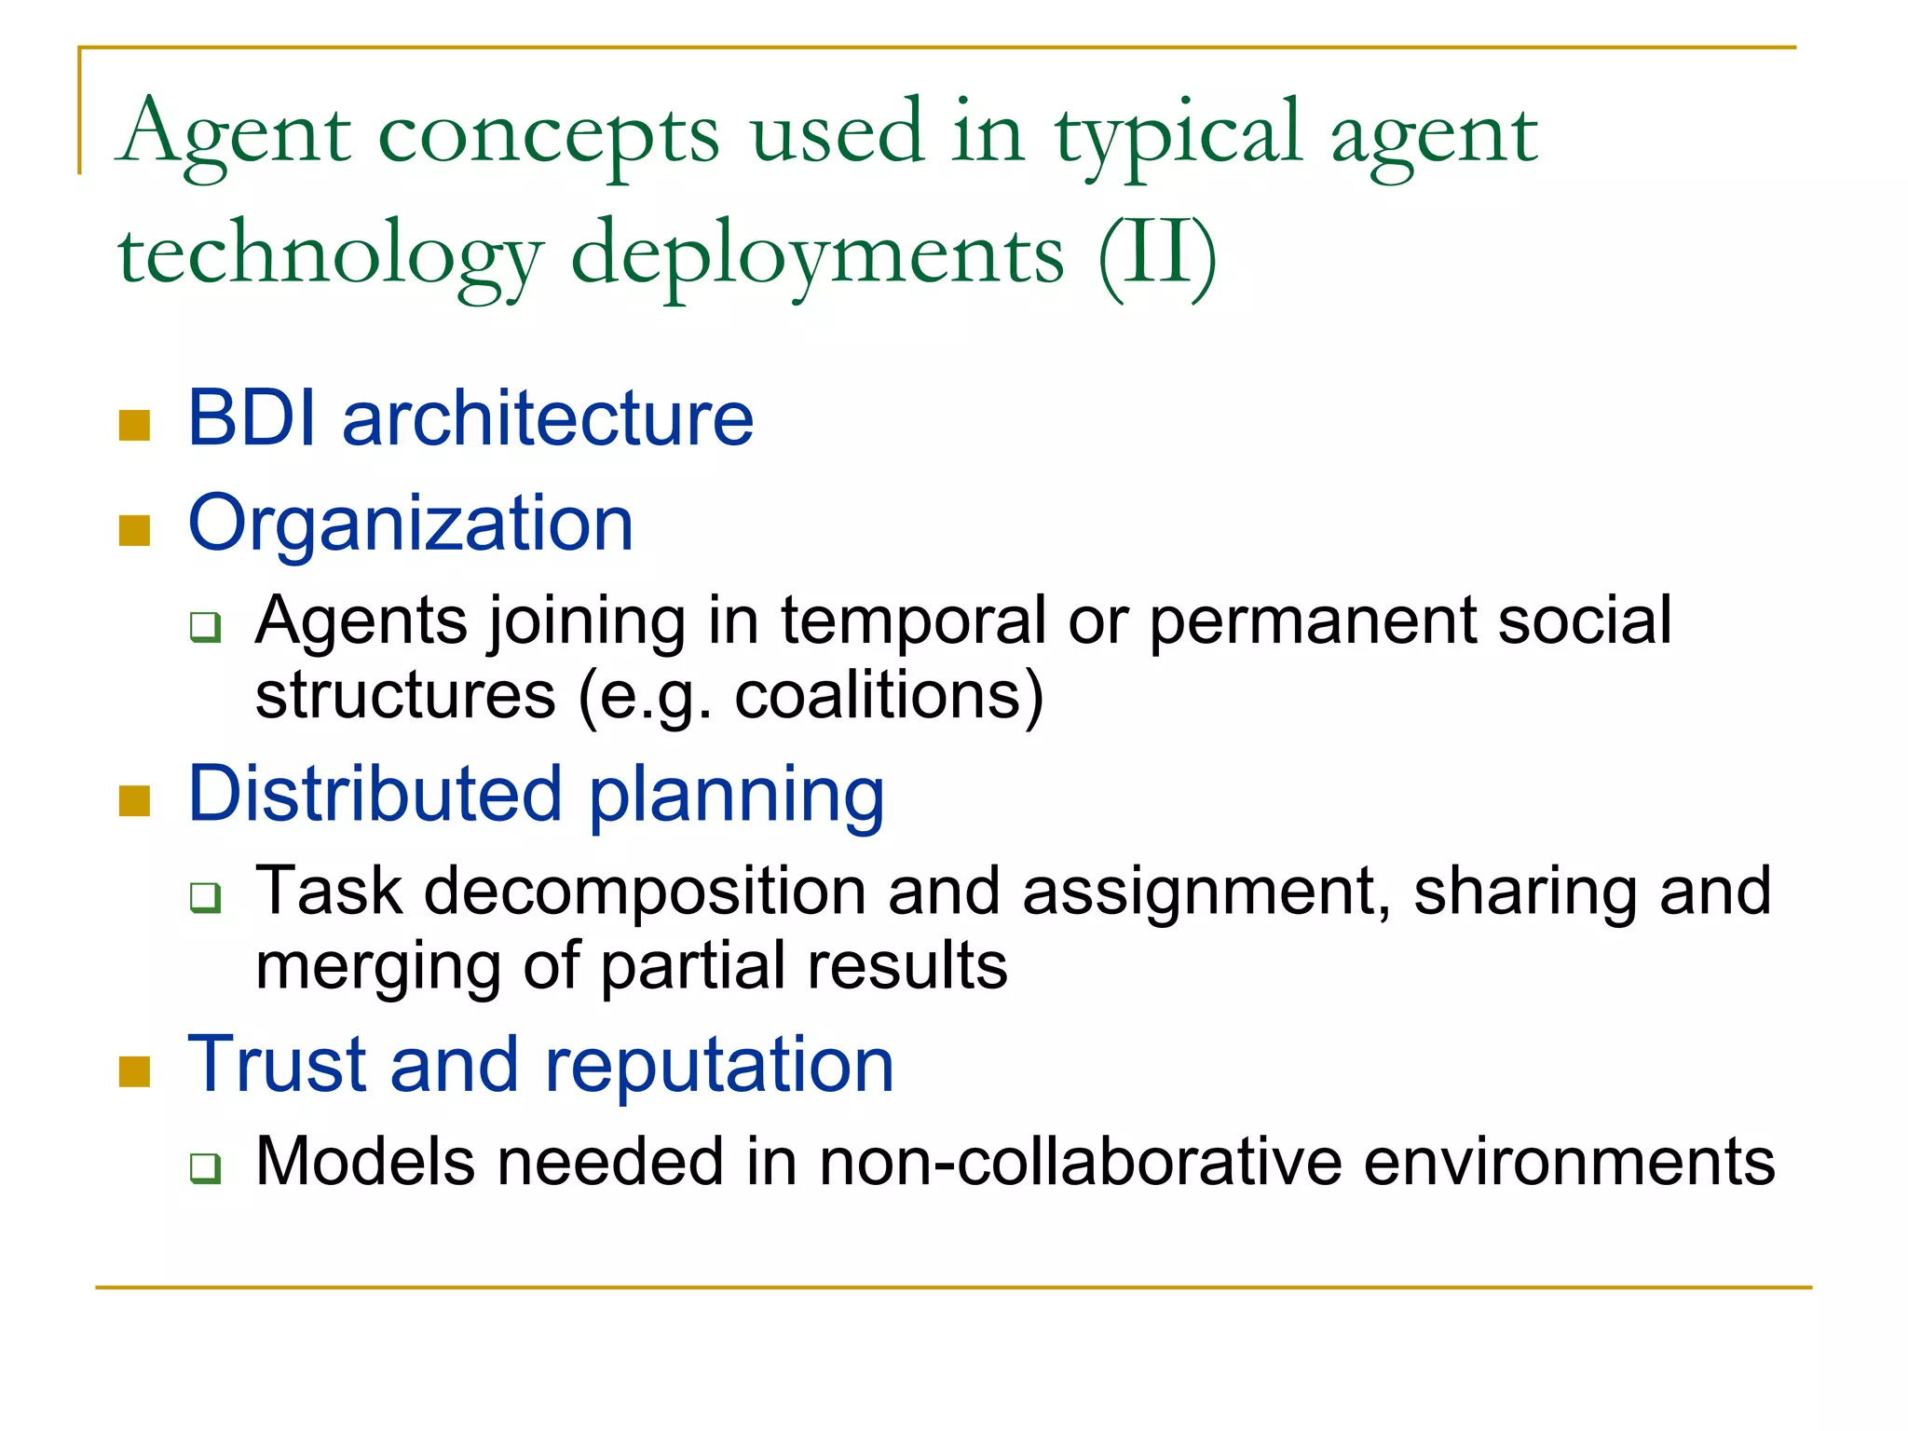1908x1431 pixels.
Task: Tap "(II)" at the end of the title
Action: [x=1157, y=253]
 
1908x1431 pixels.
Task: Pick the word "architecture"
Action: [x=548, y=418]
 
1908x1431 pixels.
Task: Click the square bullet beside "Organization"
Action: [x=135, y=530]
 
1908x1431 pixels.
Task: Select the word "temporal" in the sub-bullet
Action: [x=914, y=621]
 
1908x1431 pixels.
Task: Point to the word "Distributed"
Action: [x=375, y=795]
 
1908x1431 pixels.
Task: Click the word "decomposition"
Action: [x=645, y=893]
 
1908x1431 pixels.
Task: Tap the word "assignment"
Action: [x=1200, y=893]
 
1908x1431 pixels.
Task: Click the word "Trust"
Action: [x=277, y=1065]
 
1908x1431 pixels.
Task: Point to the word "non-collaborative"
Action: [x=1080, y=1163]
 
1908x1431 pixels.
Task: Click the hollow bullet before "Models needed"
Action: [x=205, y=1167]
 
